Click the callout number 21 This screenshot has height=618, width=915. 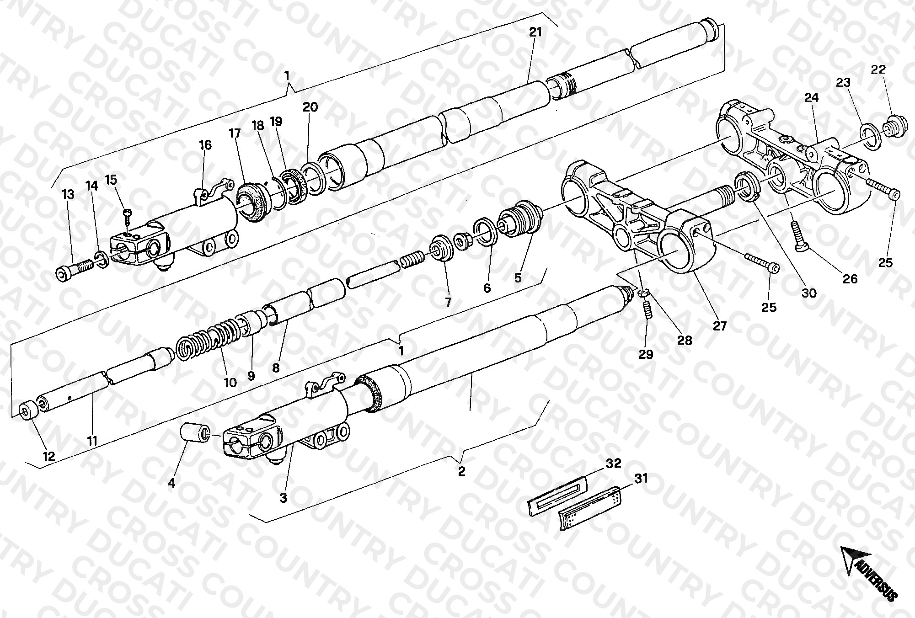point(535,32)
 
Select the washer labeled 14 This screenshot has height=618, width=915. point(103,259)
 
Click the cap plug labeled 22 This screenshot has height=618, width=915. point(889,126)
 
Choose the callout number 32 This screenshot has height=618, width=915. point(613,463)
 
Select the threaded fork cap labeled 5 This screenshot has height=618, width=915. point(520,218)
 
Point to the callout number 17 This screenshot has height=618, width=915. point(235,134)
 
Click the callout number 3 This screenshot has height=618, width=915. point(284,498)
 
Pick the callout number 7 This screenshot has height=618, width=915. point(449,302)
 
